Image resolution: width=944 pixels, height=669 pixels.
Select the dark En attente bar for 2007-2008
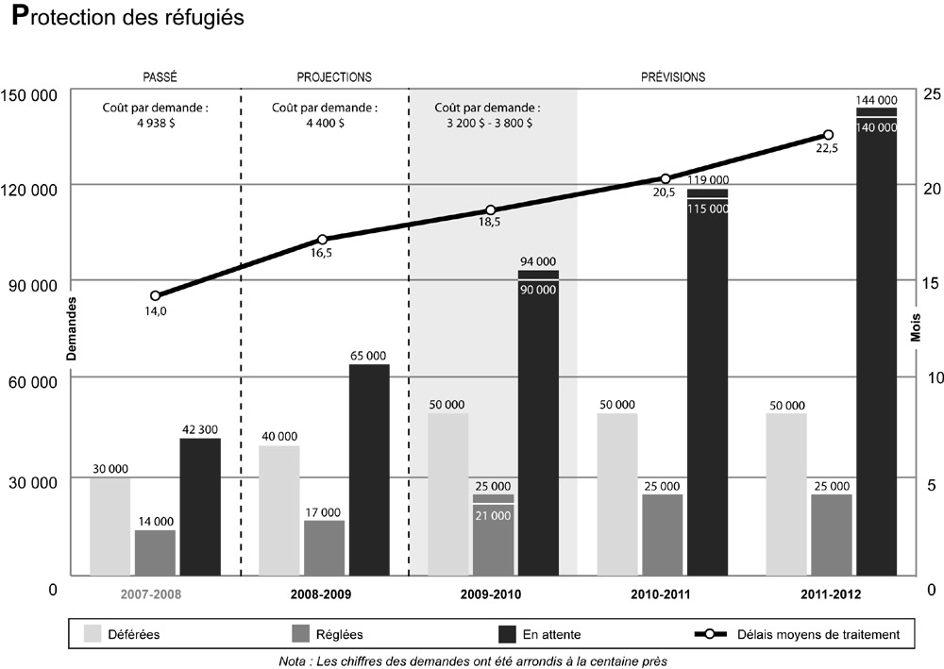click(x=200, y=507)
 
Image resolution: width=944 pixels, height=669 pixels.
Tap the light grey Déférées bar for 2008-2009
click(x=278, y=510)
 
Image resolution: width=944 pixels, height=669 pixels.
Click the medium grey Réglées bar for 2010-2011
click(x=662, y=535)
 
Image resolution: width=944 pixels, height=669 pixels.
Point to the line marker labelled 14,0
click(x=156, y=295)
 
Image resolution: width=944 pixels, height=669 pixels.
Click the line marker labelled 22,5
click(x=829, y=135)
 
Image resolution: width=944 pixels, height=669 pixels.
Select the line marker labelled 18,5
click(x=491, y=209)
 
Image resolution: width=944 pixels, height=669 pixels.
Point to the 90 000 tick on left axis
click(x=31, y=285)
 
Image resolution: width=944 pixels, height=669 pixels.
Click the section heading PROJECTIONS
click(x=334, y=76)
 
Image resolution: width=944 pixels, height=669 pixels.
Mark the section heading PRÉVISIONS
click(x=673, y=76)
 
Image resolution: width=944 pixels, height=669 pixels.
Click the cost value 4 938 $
click(x=155, y=123)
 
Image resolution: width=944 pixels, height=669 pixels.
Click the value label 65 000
click(x=368, y=356)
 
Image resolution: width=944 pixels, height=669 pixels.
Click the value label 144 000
click(x=876, y=99)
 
